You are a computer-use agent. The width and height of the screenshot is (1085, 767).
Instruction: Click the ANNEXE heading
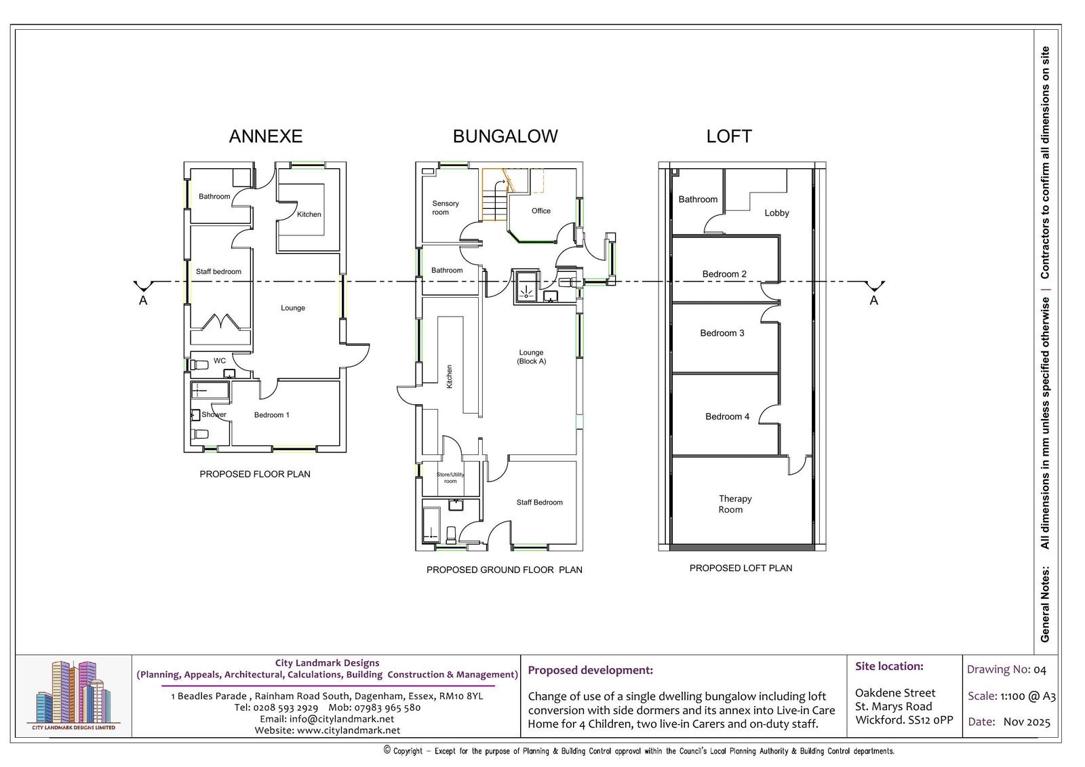265,136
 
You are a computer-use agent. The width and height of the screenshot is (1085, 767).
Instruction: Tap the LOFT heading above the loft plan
729,136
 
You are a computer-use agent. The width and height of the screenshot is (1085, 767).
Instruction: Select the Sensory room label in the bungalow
445,208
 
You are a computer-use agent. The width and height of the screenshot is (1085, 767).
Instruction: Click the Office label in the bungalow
541,211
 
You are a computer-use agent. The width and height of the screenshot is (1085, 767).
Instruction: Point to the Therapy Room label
735,504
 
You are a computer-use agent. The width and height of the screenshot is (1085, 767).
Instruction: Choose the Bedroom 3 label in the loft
722,333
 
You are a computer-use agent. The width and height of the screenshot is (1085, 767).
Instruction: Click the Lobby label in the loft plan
777,213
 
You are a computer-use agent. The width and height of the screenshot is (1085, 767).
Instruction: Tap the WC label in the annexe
220,361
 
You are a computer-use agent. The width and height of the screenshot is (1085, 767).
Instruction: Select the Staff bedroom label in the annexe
218,271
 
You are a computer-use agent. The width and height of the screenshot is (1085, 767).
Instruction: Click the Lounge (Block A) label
532,357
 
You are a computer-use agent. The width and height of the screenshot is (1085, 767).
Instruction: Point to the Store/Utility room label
450,477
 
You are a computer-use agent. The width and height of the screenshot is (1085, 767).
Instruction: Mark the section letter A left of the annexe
143,300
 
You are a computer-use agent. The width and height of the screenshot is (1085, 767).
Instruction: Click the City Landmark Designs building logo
74,695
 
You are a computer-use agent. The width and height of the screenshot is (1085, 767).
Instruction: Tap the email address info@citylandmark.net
327,719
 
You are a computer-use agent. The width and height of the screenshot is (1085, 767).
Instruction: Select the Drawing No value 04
1040,670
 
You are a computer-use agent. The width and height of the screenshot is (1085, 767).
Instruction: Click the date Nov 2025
1027,722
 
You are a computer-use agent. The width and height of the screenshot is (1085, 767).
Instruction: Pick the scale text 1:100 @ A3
1028,696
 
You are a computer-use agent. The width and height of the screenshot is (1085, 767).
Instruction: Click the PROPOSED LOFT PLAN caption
741,568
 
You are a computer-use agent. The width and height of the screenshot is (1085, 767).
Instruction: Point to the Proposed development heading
590,670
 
